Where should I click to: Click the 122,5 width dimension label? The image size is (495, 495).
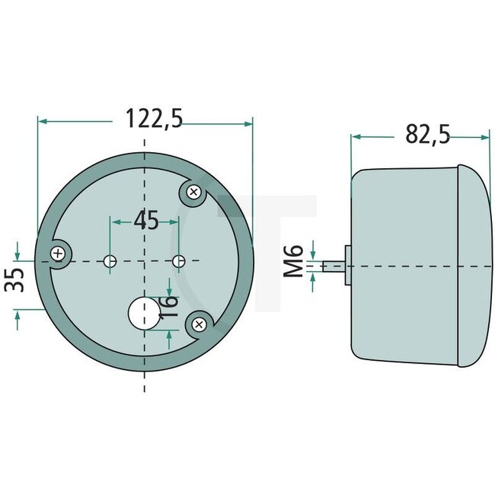click(x=154, y=119)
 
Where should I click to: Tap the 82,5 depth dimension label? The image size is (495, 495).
click(x=427, y=135)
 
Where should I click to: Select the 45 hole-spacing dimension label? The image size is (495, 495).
click(x=145, y=221)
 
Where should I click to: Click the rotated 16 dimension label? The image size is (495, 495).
click(x=171, y=305)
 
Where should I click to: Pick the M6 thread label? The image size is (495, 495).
click(x=295, y=260)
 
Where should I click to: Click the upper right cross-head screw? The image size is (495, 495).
click(x=194, y=193)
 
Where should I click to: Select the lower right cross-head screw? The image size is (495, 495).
click(x=199, y=325)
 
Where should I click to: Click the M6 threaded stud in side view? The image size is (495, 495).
click(x=333, y=266)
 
